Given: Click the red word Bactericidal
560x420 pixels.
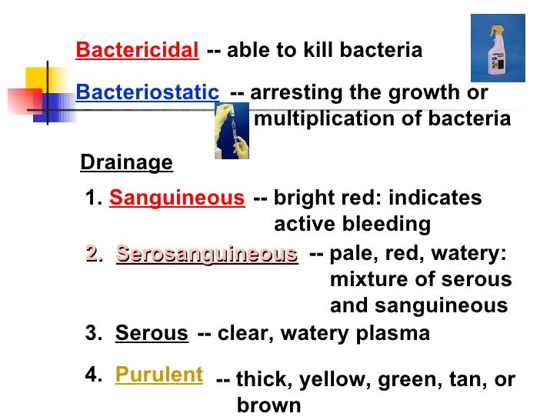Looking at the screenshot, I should [137, 51].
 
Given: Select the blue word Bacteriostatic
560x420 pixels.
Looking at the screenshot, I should [147, 92].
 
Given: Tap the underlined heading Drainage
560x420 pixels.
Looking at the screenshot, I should [126, 162].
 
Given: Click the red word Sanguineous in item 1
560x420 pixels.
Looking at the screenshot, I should [176, 198].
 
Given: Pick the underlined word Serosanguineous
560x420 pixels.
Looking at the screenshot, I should [207, 255].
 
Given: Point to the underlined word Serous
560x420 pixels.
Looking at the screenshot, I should [152, 334].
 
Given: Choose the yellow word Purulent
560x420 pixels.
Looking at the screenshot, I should [159, 375].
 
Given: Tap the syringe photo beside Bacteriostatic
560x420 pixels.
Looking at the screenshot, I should [231, 130].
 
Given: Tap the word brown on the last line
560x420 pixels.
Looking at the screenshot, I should [268, 405].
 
